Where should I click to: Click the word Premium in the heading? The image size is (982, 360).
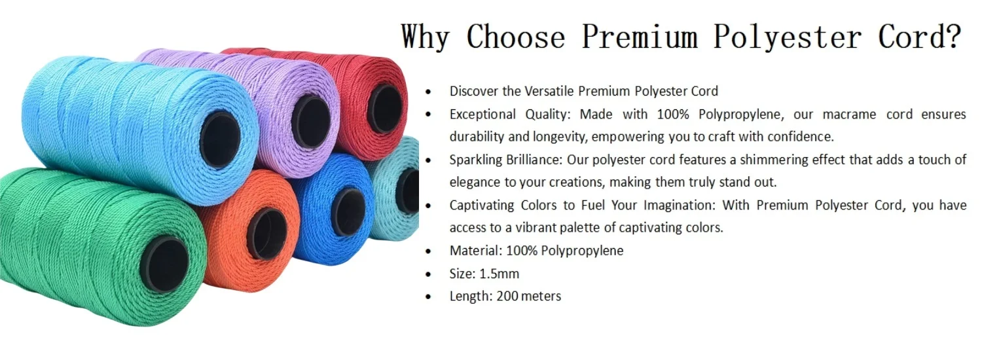(639, 37)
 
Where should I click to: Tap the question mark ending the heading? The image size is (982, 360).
(953, 37)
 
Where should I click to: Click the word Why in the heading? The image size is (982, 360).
(425, 37)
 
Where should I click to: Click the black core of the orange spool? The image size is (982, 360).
(266, 233)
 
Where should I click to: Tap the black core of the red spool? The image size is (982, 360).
(385, 108)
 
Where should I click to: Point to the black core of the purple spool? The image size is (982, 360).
(311, 121)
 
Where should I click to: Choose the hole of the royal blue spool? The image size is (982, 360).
(349, 211)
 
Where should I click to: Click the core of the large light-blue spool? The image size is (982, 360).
(220, 139)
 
